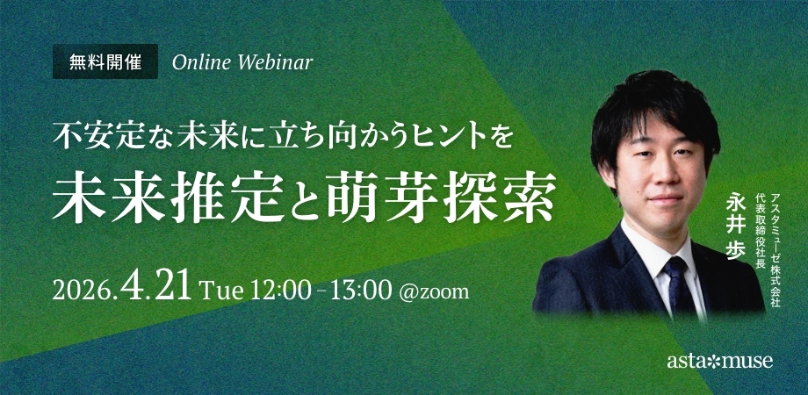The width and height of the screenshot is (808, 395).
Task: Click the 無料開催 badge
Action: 105,61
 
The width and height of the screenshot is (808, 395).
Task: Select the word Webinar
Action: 275,62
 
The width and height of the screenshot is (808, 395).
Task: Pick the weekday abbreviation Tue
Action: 221,291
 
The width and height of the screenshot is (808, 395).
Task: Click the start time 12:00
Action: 281,291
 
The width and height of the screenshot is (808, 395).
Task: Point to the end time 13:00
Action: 362,291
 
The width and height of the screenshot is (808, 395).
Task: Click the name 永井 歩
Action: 734,226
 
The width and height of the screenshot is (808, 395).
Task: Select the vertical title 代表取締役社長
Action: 760,228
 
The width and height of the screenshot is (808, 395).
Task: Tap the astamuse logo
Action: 720,361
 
